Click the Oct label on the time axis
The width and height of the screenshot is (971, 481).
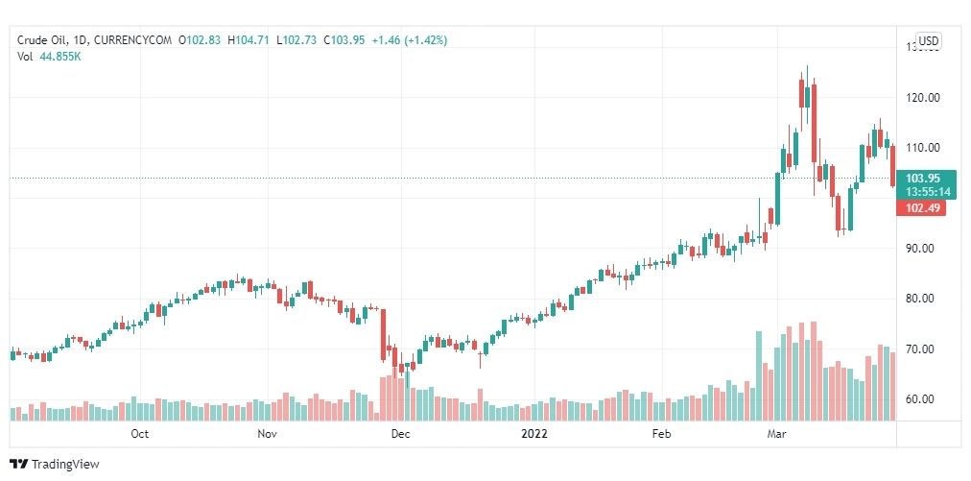click(x=140, y=434)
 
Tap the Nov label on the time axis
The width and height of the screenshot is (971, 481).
click(x=268, y=434)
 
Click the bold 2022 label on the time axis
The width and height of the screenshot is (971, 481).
click(x=534, y=434)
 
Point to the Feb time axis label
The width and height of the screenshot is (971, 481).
click(x=661, y=434)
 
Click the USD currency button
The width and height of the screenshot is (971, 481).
click(x=928, y=40)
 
